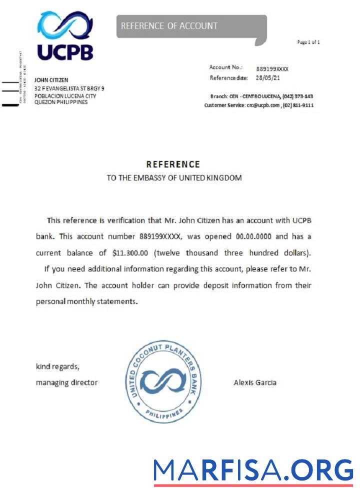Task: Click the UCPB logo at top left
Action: (65, 36)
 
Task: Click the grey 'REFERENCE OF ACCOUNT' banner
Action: (191, 26)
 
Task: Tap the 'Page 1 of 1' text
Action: (308, 42)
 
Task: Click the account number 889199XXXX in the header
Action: (272, 68)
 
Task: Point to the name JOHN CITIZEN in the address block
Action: (51, 80)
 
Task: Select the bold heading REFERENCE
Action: (173, 164)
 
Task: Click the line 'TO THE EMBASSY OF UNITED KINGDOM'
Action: (174, 178)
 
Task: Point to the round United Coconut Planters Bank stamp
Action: (163, 380)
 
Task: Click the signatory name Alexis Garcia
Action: (255, 382)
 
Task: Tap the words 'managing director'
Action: (66, 382)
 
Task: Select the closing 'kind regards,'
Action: (57, 366)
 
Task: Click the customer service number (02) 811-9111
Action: (298, 105)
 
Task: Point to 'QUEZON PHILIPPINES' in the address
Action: (60, 102)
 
